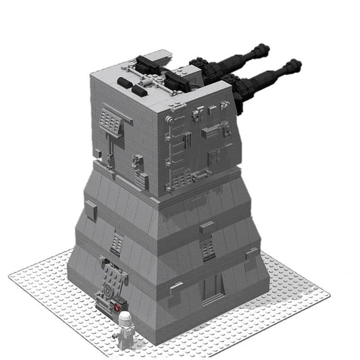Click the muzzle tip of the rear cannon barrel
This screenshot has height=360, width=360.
pos(265,49)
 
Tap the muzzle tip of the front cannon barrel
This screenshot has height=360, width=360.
pos(296,64)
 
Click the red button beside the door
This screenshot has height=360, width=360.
pos(117,306)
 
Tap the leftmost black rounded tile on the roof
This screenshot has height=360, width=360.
pos(124,82)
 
